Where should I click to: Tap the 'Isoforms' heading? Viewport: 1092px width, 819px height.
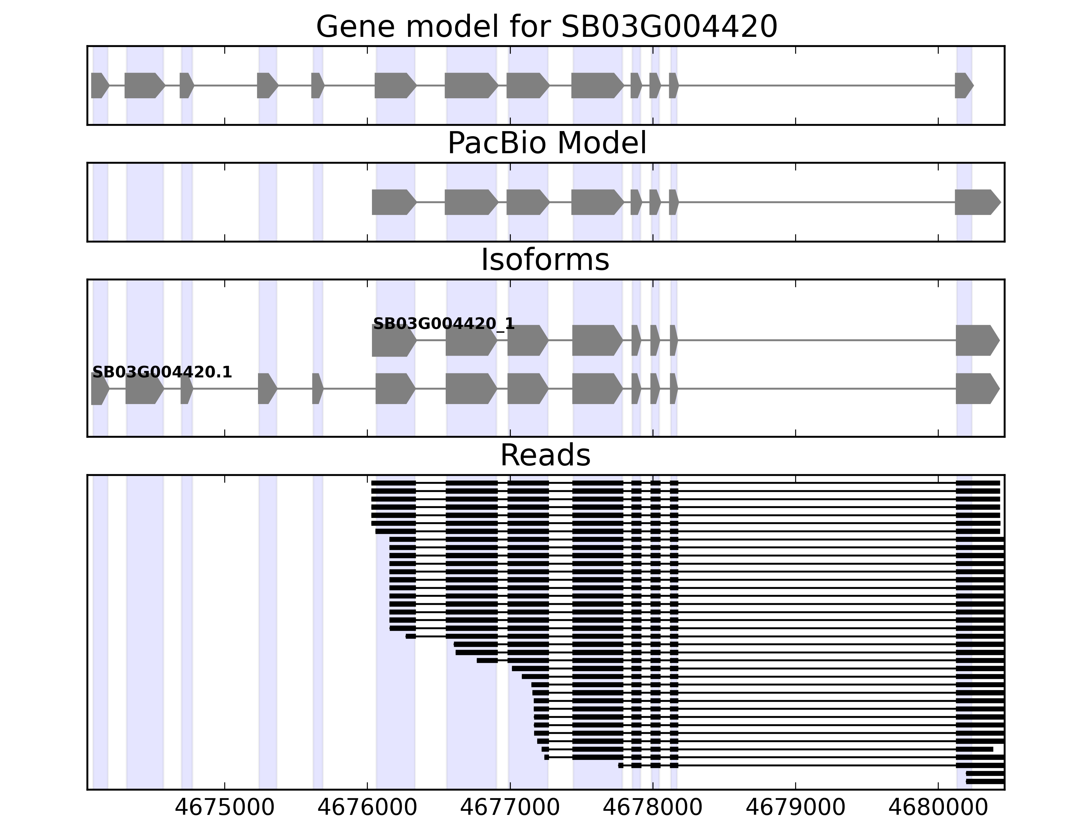545,260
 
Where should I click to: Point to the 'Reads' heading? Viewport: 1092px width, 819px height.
545,455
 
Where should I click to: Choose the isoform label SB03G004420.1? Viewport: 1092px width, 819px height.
162,372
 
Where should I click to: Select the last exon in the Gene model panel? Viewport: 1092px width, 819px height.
963,85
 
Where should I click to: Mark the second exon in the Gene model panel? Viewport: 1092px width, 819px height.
144,85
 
